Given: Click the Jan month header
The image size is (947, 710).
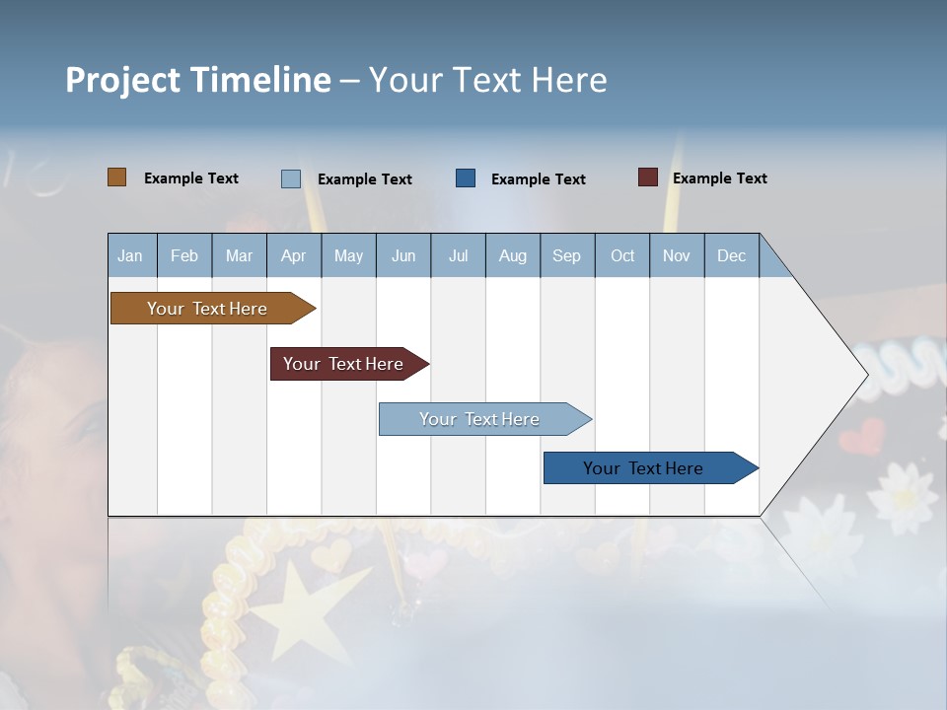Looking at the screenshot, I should click(130, 255).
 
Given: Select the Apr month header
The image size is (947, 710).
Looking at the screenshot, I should click(293, 255).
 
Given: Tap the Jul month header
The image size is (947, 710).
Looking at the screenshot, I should click(458, 255).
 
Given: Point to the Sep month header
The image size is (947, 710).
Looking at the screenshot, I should click(566, 255).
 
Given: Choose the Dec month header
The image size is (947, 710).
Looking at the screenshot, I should click(731, 255).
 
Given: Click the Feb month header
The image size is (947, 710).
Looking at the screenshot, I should click(184, 255).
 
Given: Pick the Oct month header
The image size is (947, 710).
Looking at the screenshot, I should click(622, 255).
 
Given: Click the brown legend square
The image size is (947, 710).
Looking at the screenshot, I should click(116, 177).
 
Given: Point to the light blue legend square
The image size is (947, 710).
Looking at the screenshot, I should click(290, 178).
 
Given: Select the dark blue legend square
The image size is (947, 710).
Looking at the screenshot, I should click(466, 178).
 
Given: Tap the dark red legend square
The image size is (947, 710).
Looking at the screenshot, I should click(647, 177).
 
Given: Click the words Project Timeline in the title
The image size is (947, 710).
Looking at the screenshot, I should click(197, 80).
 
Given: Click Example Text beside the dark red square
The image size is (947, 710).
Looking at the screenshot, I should click(719, 178).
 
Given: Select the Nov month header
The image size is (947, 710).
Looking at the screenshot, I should click(677, 255).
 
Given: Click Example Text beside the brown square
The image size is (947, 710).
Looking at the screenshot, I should click(191, 178).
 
